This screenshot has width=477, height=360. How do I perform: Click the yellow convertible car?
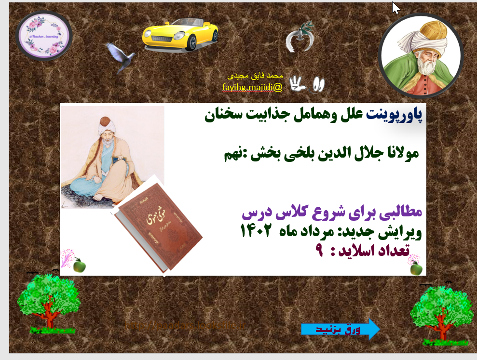[179, 35]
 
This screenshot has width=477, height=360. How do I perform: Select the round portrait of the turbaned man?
[421, 56]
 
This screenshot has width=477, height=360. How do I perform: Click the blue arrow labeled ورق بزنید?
[341, 329]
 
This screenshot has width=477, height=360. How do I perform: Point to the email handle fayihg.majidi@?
[252, 87]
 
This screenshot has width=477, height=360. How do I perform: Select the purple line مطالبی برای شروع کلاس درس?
[331, 213]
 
